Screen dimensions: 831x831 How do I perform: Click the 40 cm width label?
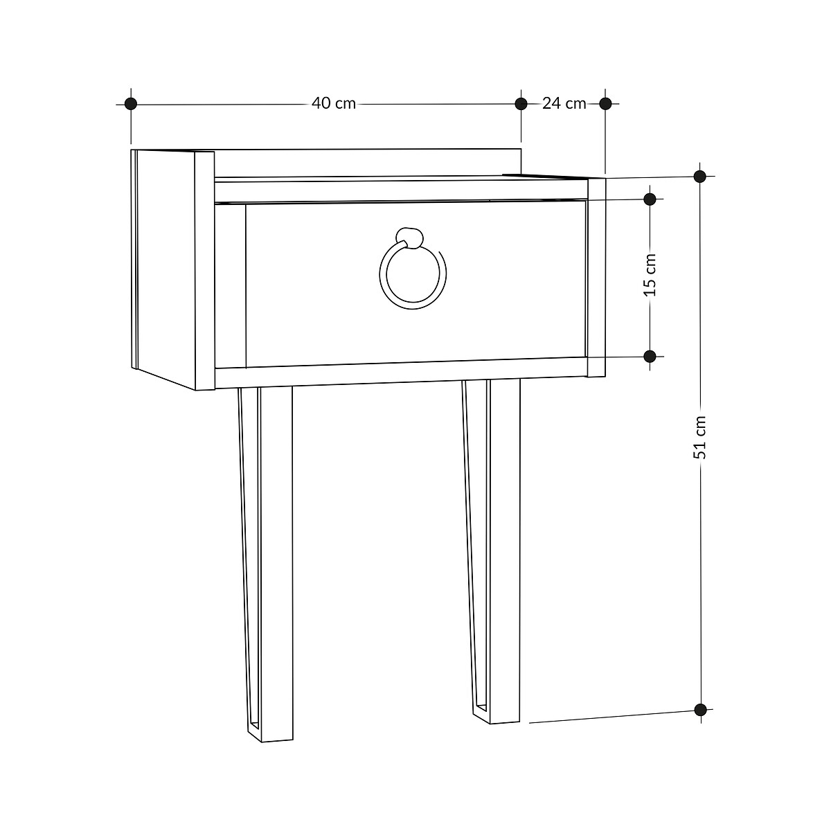(x=333, y=104)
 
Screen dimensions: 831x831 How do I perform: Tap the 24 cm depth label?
(x=564, y=104)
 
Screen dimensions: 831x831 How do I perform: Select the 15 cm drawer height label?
(x=650, y=275)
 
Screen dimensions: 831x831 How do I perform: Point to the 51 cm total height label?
(x=700, y=437)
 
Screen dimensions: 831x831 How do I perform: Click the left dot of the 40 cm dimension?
(x=131, y=104)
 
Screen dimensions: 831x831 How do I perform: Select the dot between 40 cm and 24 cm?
(x=521, y=104)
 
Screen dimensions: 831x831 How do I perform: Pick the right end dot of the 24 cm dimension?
(x=605, y=104)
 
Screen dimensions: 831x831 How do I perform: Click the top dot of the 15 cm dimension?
(x=650, y=199)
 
